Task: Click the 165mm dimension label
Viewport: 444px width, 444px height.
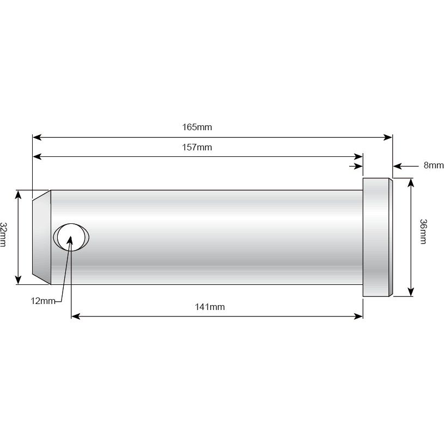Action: [197, 127]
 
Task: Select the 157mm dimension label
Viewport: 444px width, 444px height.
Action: [197, 147]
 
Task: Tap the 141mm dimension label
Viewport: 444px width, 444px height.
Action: [209, 307]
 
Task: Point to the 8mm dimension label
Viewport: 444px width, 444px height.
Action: [433, 165]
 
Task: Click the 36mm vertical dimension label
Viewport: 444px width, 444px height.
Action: [424, 232]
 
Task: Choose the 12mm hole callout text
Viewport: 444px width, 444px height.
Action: [42, 301]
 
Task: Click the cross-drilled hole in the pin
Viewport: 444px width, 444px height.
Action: [71, 238]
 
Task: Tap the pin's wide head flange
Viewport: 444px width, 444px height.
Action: [376, 237]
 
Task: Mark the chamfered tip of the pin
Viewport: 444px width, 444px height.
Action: [41, 237]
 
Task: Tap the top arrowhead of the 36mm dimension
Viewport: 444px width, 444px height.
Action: [410, 182]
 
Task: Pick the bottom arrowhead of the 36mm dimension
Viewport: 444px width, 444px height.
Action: [410, 293]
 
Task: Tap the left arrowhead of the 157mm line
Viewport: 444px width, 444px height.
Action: [37, 157]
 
